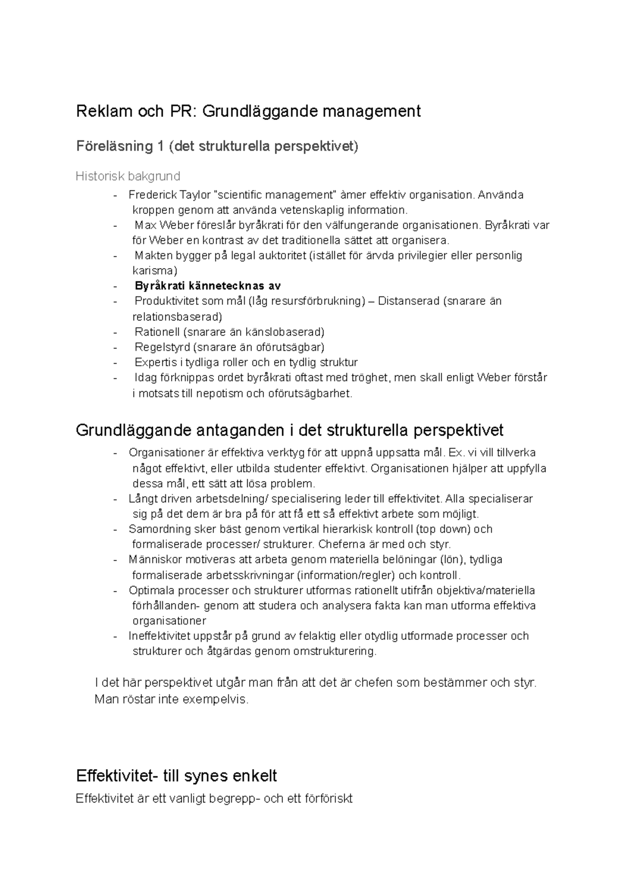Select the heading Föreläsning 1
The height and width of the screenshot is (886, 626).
119,147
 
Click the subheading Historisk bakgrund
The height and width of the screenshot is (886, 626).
128,176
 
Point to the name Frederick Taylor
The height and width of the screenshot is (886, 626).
170,195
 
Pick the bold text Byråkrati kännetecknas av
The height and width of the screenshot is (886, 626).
208,286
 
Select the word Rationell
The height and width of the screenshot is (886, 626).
157,332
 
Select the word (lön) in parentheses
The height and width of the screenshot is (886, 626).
452,560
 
